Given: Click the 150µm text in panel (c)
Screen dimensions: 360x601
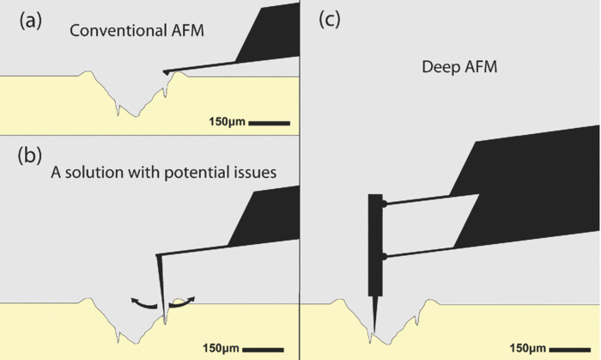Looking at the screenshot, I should pyautogui.click(x=529, y=349).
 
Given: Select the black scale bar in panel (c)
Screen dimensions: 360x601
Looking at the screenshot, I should pyautogui.click(x=570, y=349).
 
